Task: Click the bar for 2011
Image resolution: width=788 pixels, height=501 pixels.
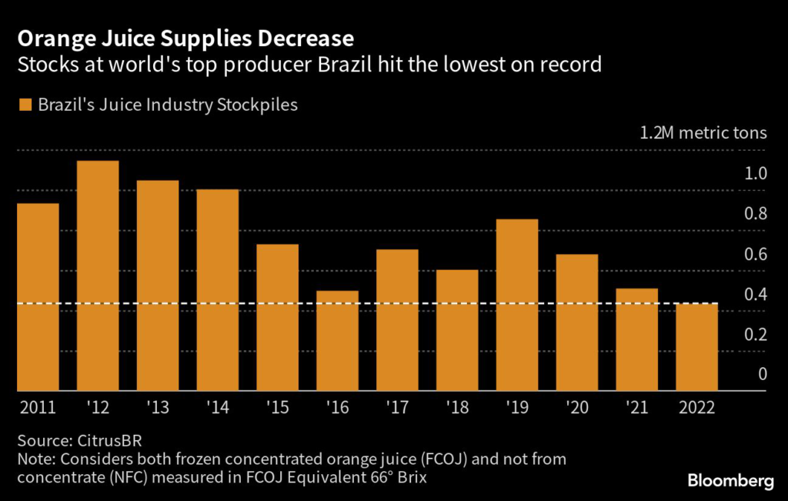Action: pos(38,297)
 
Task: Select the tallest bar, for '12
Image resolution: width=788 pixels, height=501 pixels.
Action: pos(98,276)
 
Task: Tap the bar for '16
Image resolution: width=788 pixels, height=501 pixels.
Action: pos(337,341)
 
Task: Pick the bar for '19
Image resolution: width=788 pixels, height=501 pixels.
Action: pos(517,305)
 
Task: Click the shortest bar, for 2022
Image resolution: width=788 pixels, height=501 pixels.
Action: pos(697,347)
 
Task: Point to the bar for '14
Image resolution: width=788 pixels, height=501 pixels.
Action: pos(218,290)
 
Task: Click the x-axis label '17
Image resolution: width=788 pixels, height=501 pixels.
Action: pos(397,408)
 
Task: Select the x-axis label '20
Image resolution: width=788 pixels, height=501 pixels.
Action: pos(577,408)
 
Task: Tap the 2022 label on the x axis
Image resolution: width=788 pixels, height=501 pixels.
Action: pos(696,408)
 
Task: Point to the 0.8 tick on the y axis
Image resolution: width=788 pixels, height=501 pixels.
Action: pos(757,214)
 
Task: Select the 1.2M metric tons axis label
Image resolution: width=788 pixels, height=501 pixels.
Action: pos(703,132)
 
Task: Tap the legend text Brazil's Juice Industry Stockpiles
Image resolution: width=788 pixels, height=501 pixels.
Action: pos(168,105)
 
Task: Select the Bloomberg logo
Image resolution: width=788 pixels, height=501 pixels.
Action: pos(730,481)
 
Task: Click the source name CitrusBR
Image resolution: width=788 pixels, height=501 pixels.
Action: pos(108,441)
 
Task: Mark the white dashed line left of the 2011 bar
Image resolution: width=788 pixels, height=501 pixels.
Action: pos(12,304)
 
